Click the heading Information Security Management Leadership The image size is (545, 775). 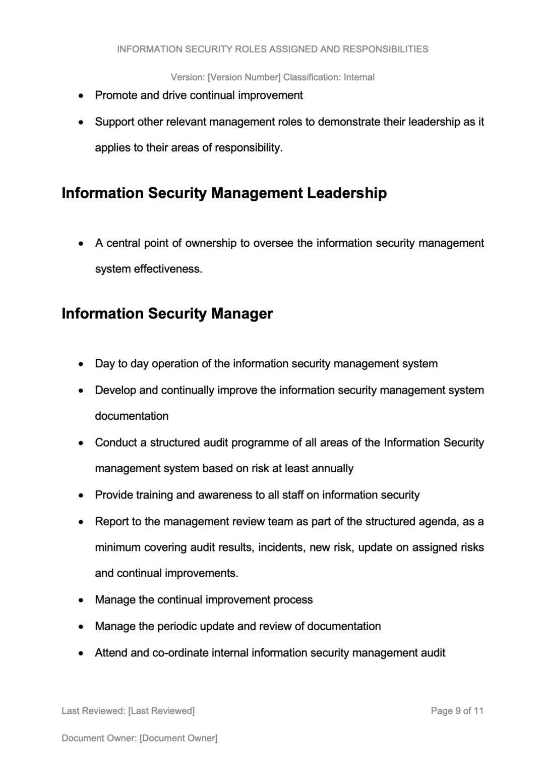tap(224, 193)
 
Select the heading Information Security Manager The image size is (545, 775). tap(167, 314)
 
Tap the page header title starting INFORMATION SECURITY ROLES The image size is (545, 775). tap(272, 49)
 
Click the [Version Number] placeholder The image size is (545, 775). tap(244, 77)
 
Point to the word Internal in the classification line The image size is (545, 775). tap(359, 77)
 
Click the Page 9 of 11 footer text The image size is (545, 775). tap(457, 711)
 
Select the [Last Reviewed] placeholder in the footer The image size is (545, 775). tap(161, 711)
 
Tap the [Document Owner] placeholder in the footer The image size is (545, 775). tap(178, 738)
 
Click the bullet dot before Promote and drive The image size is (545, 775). tap(81, 96)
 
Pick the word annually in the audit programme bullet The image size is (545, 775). tap(332, 469)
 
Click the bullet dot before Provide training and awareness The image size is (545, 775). tap(81, 495)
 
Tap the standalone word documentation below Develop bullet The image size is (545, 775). tap(132, 416)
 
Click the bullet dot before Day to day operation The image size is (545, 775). tap(81, 364)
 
